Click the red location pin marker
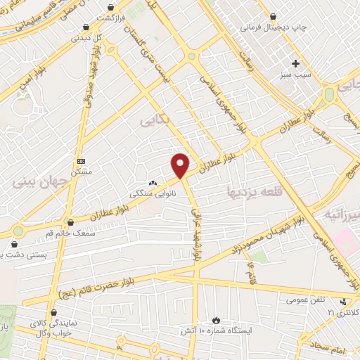181,165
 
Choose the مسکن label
82,172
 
